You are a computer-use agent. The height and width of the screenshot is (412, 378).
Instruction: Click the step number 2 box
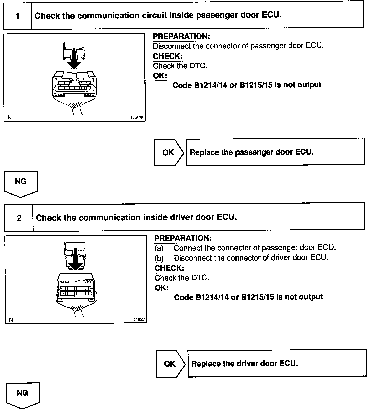pos(19,218)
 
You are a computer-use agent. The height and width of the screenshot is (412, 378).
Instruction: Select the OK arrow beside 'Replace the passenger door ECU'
pos(169,152)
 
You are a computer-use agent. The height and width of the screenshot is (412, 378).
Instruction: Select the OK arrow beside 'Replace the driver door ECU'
pos(170,364)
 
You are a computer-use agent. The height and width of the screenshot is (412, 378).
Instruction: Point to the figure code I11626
pos(137,117)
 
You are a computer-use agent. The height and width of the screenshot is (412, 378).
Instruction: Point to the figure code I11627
pos(138,319)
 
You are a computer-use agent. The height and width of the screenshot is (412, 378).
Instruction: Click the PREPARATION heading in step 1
pos(181,36)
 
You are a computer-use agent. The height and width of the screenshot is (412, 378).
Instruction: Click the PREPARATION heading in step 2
pos(183,238)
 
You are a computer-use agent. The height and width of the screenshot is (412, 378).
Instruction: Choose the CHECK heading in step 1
pos(168,56)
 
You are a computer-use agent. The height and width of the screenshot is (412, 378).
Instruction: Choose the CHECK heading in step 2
pos(169,268)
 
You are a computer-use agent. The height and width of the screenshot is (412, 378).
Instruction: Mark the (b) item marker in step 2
pos(159,258)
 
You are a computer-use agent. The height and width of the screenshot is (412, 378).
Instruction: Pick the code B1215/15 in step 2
pos(257,297)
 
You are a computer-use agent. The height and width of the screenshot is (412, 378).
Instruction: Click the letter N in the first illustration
pos(10,117)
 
